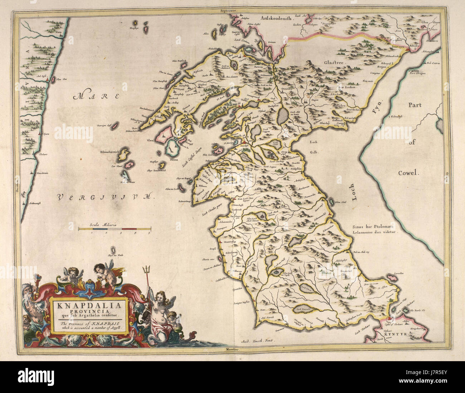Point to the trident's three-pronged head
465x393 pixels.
pyautogui.click(x=146, y=269)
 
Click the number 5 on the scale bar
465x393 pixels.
pyautogui.click(x=149, y=232)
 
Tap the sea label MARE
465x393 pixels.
pyautogui.click(x=97, y=96)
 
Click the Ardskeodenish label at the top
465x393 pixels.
pyautogui.click(x=276, y=17)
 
